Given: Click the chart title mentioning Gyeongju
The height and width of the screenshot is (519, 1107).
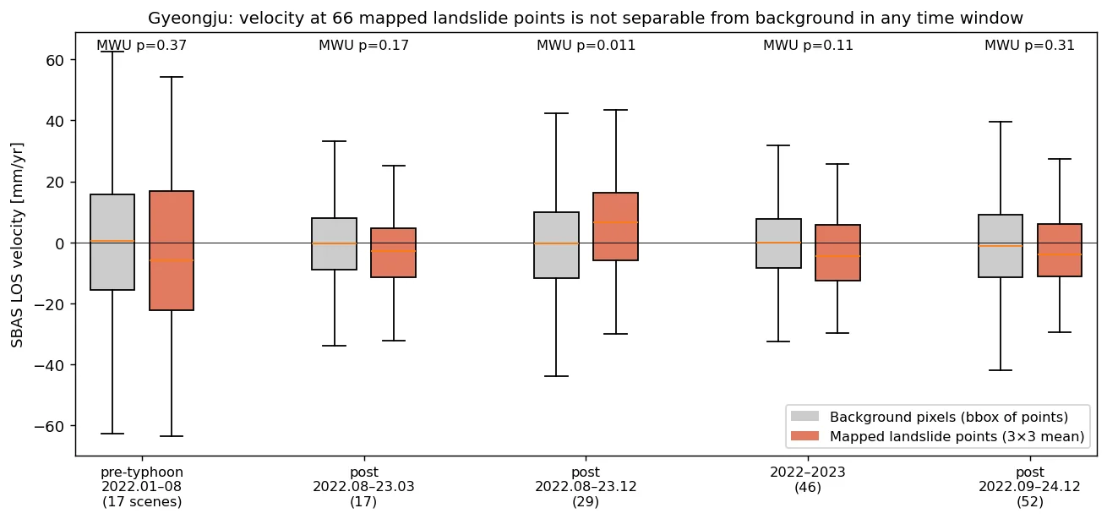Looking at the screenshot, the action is pos(585,19).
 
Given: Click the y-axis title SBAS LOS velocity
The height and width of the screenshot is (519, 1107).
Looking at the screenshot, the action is pos(17,245).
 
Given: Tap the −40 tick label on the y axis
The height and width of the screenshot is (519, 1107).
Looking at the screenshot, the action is pos(49,366).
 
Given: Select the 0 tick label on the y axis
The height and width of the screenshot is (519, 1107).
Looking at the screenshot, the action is pos(60,243).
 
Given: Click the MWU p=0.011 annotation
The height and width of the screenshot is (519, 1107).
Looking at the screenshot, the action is pos(586,46).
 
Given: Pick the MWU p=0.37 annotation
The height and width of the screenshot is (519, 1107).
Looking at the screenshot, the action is pos(142,46).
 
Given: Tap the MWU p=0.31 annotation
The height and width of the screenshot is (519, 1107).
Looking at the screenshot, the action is pos(1029,46).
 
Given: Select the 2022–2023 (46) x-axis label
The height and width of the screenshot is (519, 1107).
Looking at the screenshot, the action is pos(808,479).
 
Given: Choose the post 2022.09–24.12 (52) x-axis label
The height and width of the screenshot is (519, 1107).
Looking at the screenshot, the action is pos(1030,487).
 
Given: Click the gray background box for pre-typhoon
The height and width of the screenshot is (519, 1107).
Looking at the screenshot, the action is pos(112,243).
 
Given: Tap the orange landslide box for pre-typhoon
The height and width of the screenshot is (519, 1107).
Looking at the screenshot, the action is pos(172,250).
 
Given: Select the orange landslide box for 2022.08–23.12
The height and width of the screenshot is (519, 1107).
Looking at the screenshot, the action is pos(616,227).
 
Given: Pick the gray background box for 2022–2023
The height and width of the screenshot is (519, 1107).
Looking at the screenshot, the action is pos(779,243).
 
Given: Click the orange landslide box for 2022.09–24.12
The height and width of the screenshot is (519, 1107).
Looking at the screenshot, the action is pos(1060,250).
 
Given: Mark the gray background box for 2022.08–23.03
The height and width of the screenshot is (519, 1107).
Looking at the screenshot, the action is pos(334,243).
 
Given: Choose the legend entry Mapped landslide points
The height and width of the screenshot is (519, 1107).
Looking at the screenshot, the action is pos(937,436).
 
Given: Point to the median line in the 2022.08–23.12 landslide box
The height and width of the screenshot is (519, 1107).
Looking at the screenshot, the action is pos(616,222).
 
